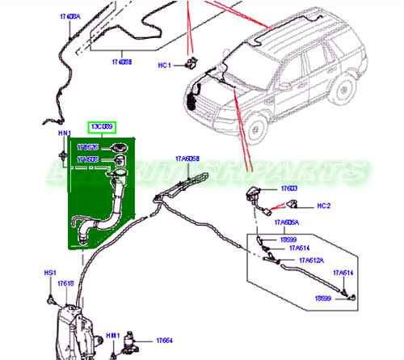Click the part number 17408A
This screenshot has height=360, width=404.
coord(70,16)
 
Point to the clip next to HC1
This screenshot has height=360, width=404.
coord(191,62)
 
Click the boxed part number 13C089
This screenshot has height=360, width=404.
coord(102,127)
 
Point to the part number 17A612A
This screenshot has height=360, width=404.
coord(311,260)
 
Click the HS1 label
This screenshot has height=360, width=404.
coord(49,273)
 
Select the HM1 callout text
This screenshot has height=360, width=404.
coord(114,335)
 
